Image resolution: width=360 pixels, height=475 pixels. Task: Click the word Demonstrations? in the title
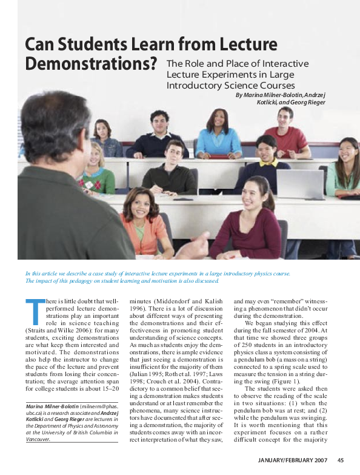pyautogui.click(x=92, y=63)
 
